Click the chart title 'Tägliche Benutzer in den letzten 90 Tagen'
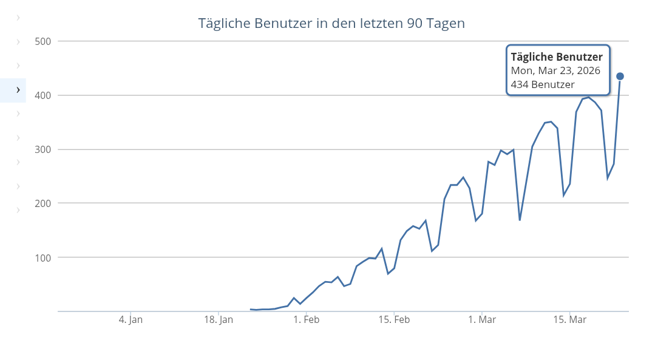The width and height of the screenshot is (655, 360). pos(331,24)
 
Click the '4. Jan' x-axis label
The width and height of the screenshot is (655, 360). pos(131,320)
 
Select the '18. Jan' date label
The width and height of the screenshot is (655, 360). pos(219,320)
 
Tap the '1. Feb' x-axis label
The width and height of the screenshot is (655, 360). pos(306,320)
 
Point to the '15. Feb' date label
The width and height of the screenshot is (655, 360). pos(394,320)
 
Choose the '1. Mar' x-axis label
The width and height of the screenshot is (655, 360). pos(483,320)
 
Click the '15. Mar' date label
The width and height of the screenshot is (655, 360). pos(570,320)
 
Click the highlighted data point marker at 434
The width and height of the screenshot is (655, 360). pos(620,76)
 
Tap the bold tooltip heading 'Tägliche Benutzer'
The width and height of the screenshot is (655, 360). pos(557,57)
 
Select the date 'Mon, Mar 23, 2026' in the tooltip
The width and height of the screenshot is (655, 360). pos(555,70)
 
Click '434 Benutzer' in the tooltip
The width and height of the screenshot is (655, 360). pos(543,84)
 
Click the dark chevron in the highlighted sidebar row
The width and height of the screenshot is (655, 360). pos(18,90)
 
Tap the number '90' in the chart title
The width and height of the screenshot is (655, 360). pos(412,24)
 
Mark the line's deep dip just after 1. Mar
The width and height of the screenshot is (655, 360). pos(520,220)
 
